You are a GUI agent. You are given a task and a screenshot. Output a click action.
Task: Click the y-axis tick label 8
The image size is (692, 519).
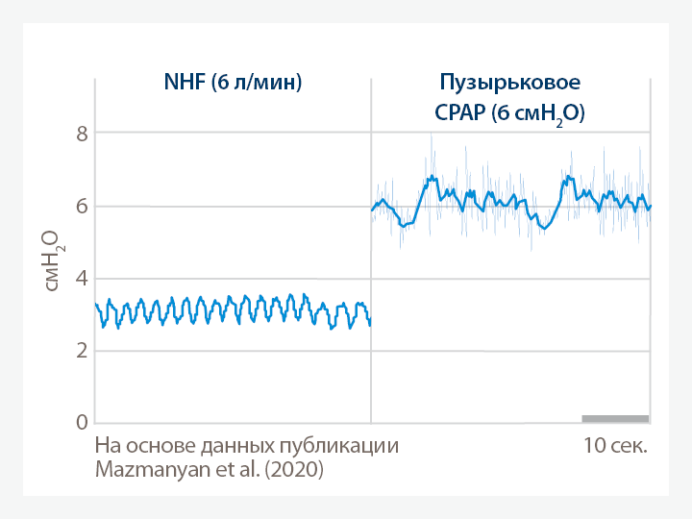coord(82,134)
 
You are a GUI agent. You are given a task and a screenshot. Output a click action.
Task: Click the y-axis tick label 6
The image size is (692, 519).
coord(82,206)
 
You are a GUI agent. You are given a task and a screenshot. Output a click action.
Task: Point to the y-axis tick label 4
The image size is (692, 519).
coord(82,279)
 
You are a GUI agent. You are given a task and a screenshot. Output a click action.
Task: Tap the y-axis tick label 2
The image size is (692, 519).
coord(82,351)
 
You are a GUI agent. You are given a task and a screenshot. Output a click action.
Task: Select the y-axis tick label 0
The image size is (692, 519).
coord(82,423)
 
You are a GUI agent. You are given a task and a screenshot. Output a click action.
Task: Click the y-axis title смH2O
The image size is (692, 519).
coord(49,259)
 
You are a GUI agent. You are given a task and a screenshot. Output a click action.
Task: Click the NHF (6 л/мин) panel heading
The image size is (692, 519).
coord(234,82)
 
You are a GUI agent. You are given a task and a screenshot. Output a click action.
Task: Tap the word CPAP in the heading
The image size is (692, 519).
coord(457,112)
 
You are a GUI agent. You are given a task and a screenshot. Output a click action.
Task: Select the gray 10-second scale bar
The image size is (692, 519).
coord(615,418)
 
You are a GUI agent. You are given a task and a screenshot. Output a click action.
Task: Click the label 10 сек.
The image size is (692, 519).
coord(615,446)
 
